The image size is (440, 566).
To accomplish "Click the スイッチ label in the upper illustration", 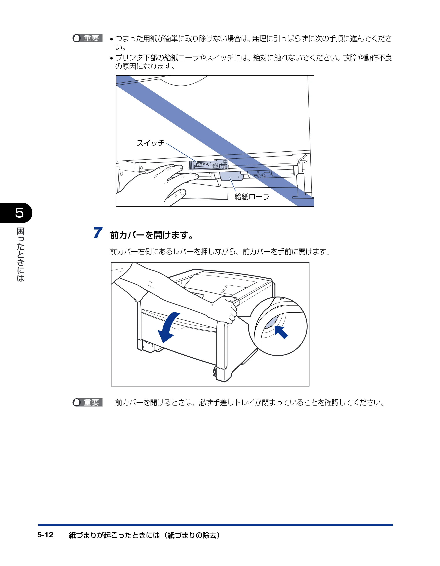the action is click(x=150, y=143).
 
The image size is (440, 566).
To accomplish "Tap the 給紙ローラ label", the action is click(x=252, y=197).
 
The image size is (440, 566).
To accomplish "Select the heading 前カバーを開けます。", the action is click(x=152, y=235).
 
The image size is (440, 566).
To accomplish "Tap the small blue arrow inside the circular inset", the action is click(x=281, y=332).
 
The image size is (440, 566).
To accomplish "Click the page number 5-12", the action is click(x=45, y=535).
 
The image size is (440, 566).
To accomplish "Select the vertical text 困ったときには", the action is click(x=20, y=254).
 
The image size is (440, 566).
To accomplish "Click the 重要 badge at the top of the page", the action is click(x=88, y=38).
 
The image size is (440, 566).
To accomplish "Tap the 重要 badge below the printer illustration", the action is click(x=88, y=402).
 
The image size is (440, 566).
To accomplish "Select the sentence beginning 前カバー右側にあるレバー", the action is click(x=220, y=251).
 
